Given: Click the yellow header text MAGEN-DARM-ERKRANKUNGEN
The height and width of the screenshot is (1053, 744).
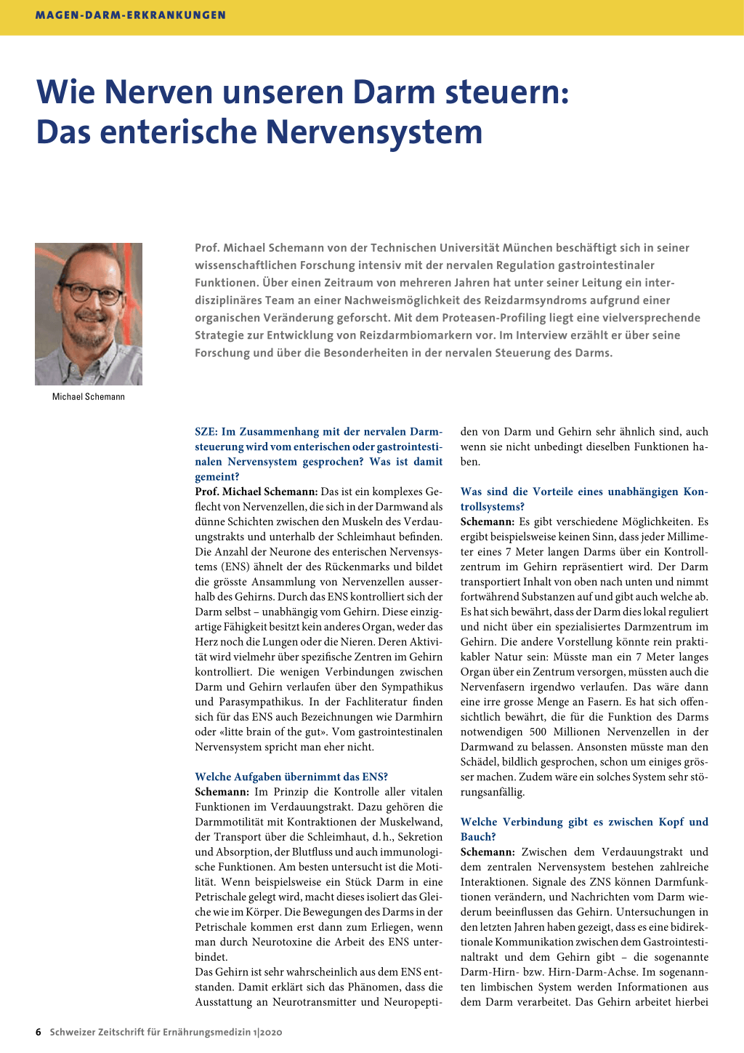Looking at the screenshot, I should (x=131, y=15).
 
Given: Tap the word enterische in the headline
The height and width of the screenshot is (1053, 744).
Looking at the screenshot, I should (x=182, y=132).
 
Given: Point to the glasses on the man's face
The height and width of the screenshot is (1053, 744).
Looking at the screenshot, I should (x=94, y=292).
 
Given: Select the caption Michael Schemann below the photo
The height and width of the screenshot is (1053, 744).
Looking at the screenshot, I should (x=89, y=397).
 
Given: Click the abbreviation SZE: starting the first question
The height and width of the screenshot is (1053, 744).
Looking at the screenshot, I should (x=206, y=432).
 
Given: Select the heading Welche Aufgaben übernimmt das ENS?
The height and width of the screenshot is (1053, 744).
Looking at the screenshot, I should (x=291, y=777).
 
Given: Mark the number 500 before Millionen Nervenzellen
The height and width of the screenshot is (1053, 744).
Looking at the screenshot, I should (x=538, y=732).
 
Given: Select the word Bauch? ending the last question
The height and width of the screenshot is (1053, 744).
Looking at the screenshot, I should (x=477, y=837).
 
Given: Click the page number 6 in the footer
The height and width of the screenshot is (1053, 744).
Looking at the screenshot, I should (x=39, y=1033).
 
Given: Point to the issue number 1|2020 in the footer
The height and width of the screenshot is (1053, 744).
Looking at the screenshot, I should (x=267, y=1033).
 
